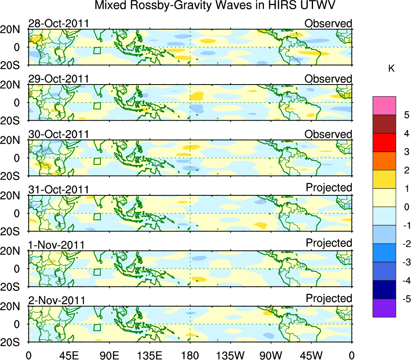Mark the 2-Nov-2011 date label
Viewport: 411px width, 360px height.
pos(56,301)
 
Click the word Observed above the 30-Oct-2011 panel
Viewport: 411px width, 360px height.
pos(328,134)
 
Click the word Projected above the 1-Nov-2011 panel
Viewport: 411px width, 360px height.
pos(329,243)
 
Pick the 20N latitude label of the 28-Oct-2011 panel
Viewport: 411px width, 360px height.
pos(13,30)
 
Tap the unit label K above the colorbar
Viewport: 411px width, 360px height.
pos(391,69)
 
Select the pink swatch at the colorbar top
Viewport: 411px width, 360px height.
pos(384,106)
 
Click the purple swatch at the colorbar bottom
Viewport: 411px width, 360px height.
pos(384,308)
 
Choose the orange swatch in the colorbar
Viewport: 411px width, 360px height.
pos(384,161)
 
